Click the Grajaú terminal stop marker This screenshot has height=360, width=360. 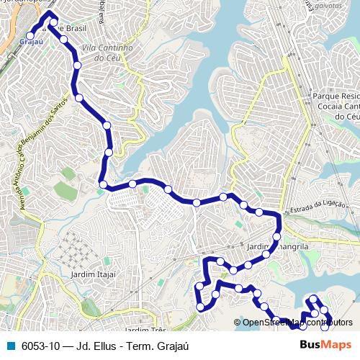(31, 35)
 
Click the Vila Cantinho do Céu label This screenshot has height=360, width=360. (108, 52)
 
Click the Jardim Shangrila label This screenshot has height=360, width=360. (277, 246)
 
